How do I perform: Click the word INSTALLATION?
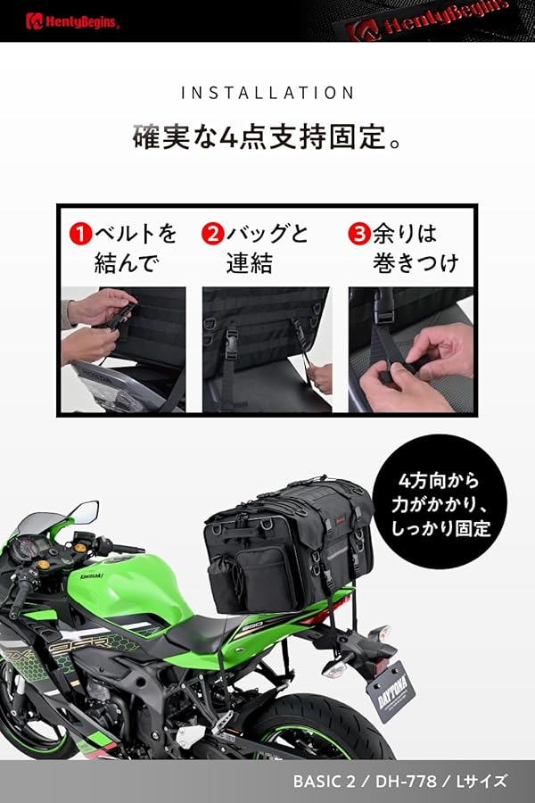(x=267, y=93)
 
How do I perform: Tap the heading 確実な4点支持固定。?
(x=267, y=139)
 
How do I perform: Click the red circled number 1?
(x=81, y=235)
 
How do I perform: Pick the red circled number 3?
(x=358, y=235)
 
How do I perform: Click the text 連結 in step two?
(x=248, y=263)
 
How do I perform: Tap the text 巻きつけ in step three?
(x=416, y=263)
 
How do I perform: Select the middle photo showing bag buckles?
(x=266, y=349)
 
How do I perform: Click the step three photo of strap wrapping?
(x=410, y=349)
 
